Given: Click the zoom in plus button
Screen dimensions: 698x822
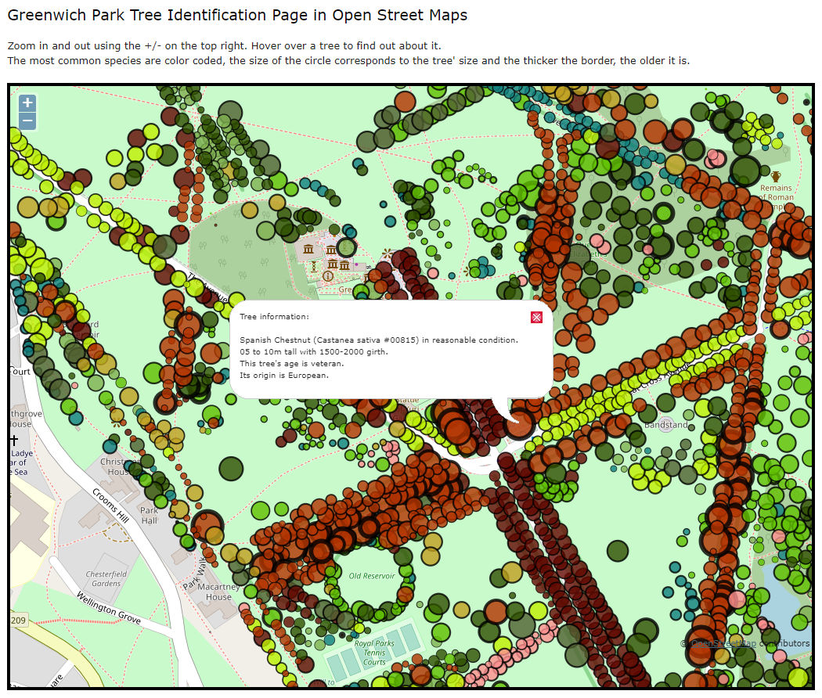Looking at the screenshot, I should pos(27,103).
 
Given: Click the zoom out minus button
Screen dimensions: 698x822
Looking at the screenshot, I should pos(27,121).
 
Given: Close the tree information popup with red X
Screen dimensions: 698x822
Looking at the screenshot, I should pos(536,317).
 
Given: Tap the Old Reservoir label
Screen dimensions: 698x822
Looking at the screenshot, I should pos(372,576).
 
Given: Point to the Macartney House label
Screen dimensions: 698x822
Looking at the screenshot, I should pos(214,592).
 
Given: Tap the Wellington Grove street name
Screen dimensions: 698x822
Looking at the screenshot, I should pos(108,608).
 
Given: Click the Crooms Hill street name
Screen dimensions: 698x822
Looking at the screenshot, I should pos(110,507).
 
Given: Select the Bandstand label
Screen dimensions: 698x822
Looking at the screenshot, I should pos(665,425).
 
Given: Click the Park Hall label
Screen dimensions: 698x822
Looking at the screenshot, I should pos(149,516).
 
